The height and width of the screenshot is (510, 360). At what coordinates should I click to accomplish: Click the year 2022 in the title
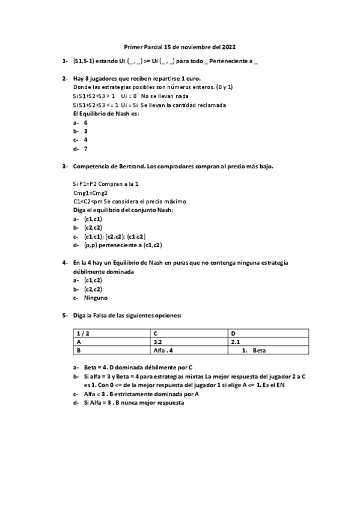pyautogui.click(x=229, y=46)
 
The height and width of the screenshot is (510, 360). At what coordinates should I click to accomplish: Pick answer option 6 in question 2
pyautogui.click(x=85, y=122)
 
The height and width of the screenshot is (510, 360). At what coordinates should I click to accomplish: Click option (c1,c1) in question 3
pyautogui.click(x=93, y=219)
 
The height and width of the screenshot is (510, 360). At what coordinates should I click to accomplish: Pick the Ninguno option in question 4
pyautogui.click(x=96, y=297)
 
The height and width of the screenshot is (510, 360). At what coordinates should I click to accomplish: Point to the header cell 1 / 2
pyautogui.click(x=81, y=332)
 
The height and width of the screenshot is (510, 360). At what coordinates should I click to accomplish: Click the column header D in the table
pyautogui.click(x=233, y=332)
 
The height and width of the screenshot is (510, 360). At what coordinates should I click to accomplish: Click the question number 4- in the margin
pyautogui.click(x=64, y=262)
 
